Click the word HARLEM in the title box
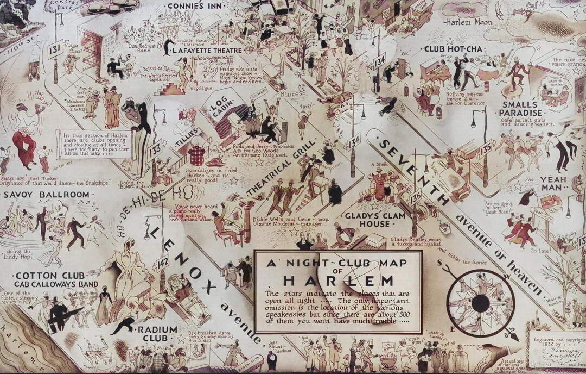point(337,281)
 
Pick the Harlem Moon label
point(468,22)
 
